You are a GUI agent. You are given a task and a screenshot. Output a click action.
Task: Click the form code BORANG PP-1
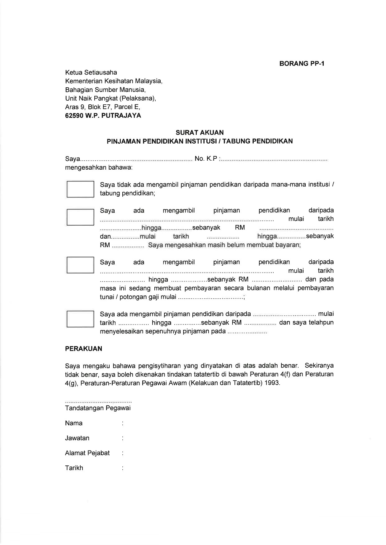click(302, 64)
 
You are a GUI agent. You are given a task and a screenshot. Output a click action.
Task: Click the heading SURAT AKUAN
click(200, 133)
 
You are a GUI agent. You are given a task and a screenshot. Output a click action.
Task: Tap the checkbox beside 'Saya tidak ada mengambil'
click(80, 189)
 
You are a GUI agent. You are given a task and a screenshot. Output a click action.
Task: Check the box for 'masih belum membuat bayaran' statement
click(80, 217)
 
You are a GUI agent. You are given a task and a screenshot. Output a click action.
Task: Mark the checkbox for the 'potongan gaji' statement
click(80, 265)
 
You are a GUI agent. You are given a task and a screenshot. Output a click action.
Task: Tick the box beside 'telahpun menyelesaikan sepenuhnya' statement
click(80, 318)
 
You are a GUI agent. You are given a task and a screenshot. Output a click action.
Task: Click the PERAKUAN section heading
click(83, 349)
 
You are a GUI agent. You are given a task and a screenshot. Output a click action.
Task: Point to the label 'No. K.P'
click(206, 159)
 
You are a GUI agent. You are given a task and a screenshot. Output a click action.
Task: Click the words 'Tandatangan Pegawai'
click(98, 408)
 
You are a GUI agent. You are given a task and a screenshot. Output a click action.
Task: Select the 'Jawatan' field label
click(77, 438)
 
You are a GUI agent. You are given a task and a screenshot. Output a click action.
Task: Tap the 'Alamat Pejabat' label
click(87, 453)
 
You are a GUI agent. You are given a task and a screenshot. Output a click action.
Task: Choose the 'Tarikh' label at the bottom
click(74, 468)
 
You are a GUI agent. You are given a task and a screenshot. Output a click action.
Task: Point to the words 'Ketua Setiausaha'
click(91, 72)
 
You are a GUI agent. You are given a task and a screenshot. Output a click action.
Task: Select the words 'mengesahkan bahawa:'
click(99, 168)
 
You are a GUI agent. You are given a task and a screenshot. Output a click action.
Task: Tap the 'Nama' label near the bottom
click(74, 423)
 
